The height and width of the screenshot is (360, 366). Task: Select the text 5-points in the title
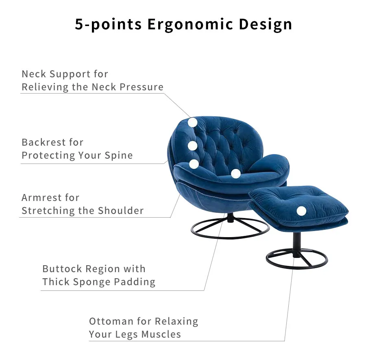coord(108,24)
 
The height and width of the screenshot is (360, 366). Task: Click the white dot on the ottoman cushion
coord(301,211)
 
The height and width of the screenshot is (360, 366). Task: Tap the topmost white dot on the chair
coord(192,122)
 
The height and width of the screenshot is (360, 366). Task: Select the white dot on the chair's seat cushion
coord(235,173)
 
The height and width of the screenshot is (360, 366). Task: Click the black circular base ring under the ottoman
coord(297,266)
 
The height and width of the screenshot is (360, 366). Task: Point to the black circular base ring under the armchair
coord(230,236)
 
